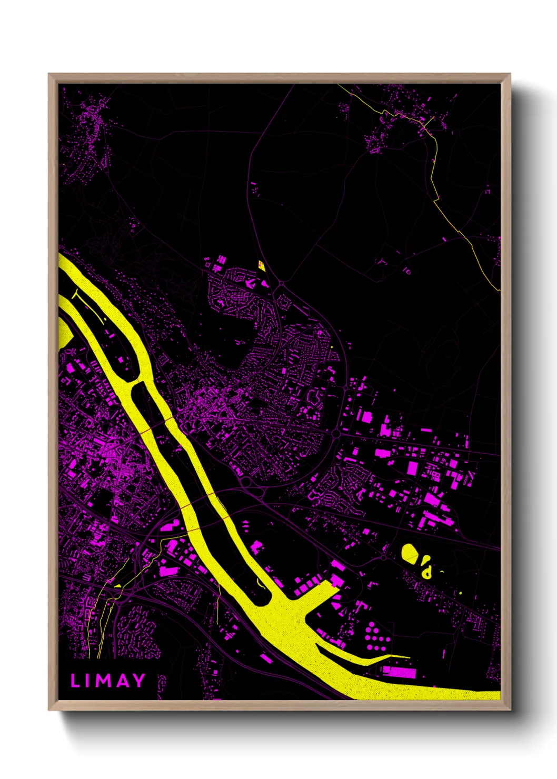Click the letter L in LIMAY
[x=75, y=681]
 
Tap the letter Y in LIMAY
[x=138, y=681]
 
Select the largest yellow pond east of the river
[x=410, y=553]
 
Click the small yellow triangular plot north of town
[x=261, y=264]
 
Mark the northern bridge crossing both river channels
[x=154, y=426]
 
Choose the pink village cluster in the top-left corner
[x=89, y=132]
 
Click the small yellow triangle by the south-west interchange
[x=118, y=585]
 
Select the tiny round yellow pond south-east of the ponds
[x=461, y=593]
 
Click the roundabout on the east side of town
[x=336, y=434]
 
